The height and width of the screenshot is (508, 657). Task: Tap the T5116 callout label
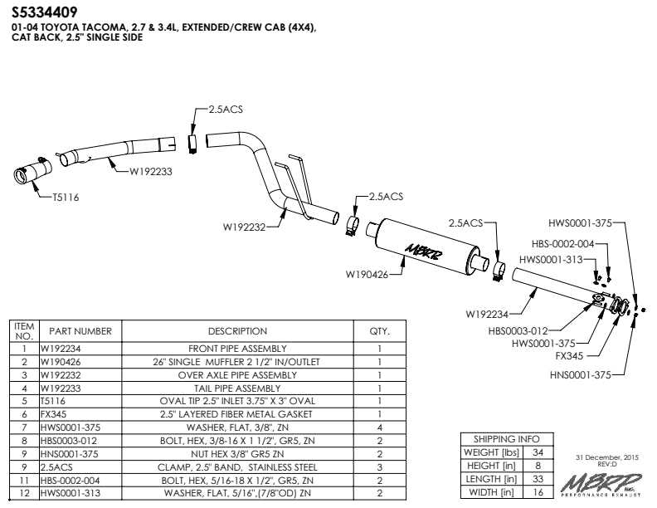66,198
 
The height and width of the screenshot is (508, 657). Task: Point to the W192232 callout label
244,226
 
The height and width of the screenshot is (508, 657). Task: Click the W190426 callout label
368,273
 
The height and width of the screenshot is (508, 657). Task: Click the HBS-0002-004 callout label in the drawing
562,244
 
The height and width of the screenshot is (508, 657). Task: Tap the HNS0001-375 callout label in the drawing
579,375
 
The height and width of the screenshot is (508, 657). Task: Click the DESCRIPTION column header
237,331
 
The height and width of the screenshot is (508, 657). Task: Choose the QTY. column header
379,331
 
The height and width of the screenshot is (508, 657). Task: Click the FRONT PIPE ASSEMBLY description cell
237,349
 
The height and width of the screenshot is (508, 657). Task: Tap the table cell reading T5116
54,402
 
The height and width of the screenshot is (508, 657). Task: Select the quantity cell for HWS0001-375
379,428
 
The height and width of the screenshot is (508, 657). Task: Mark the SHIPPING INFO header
506,439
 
